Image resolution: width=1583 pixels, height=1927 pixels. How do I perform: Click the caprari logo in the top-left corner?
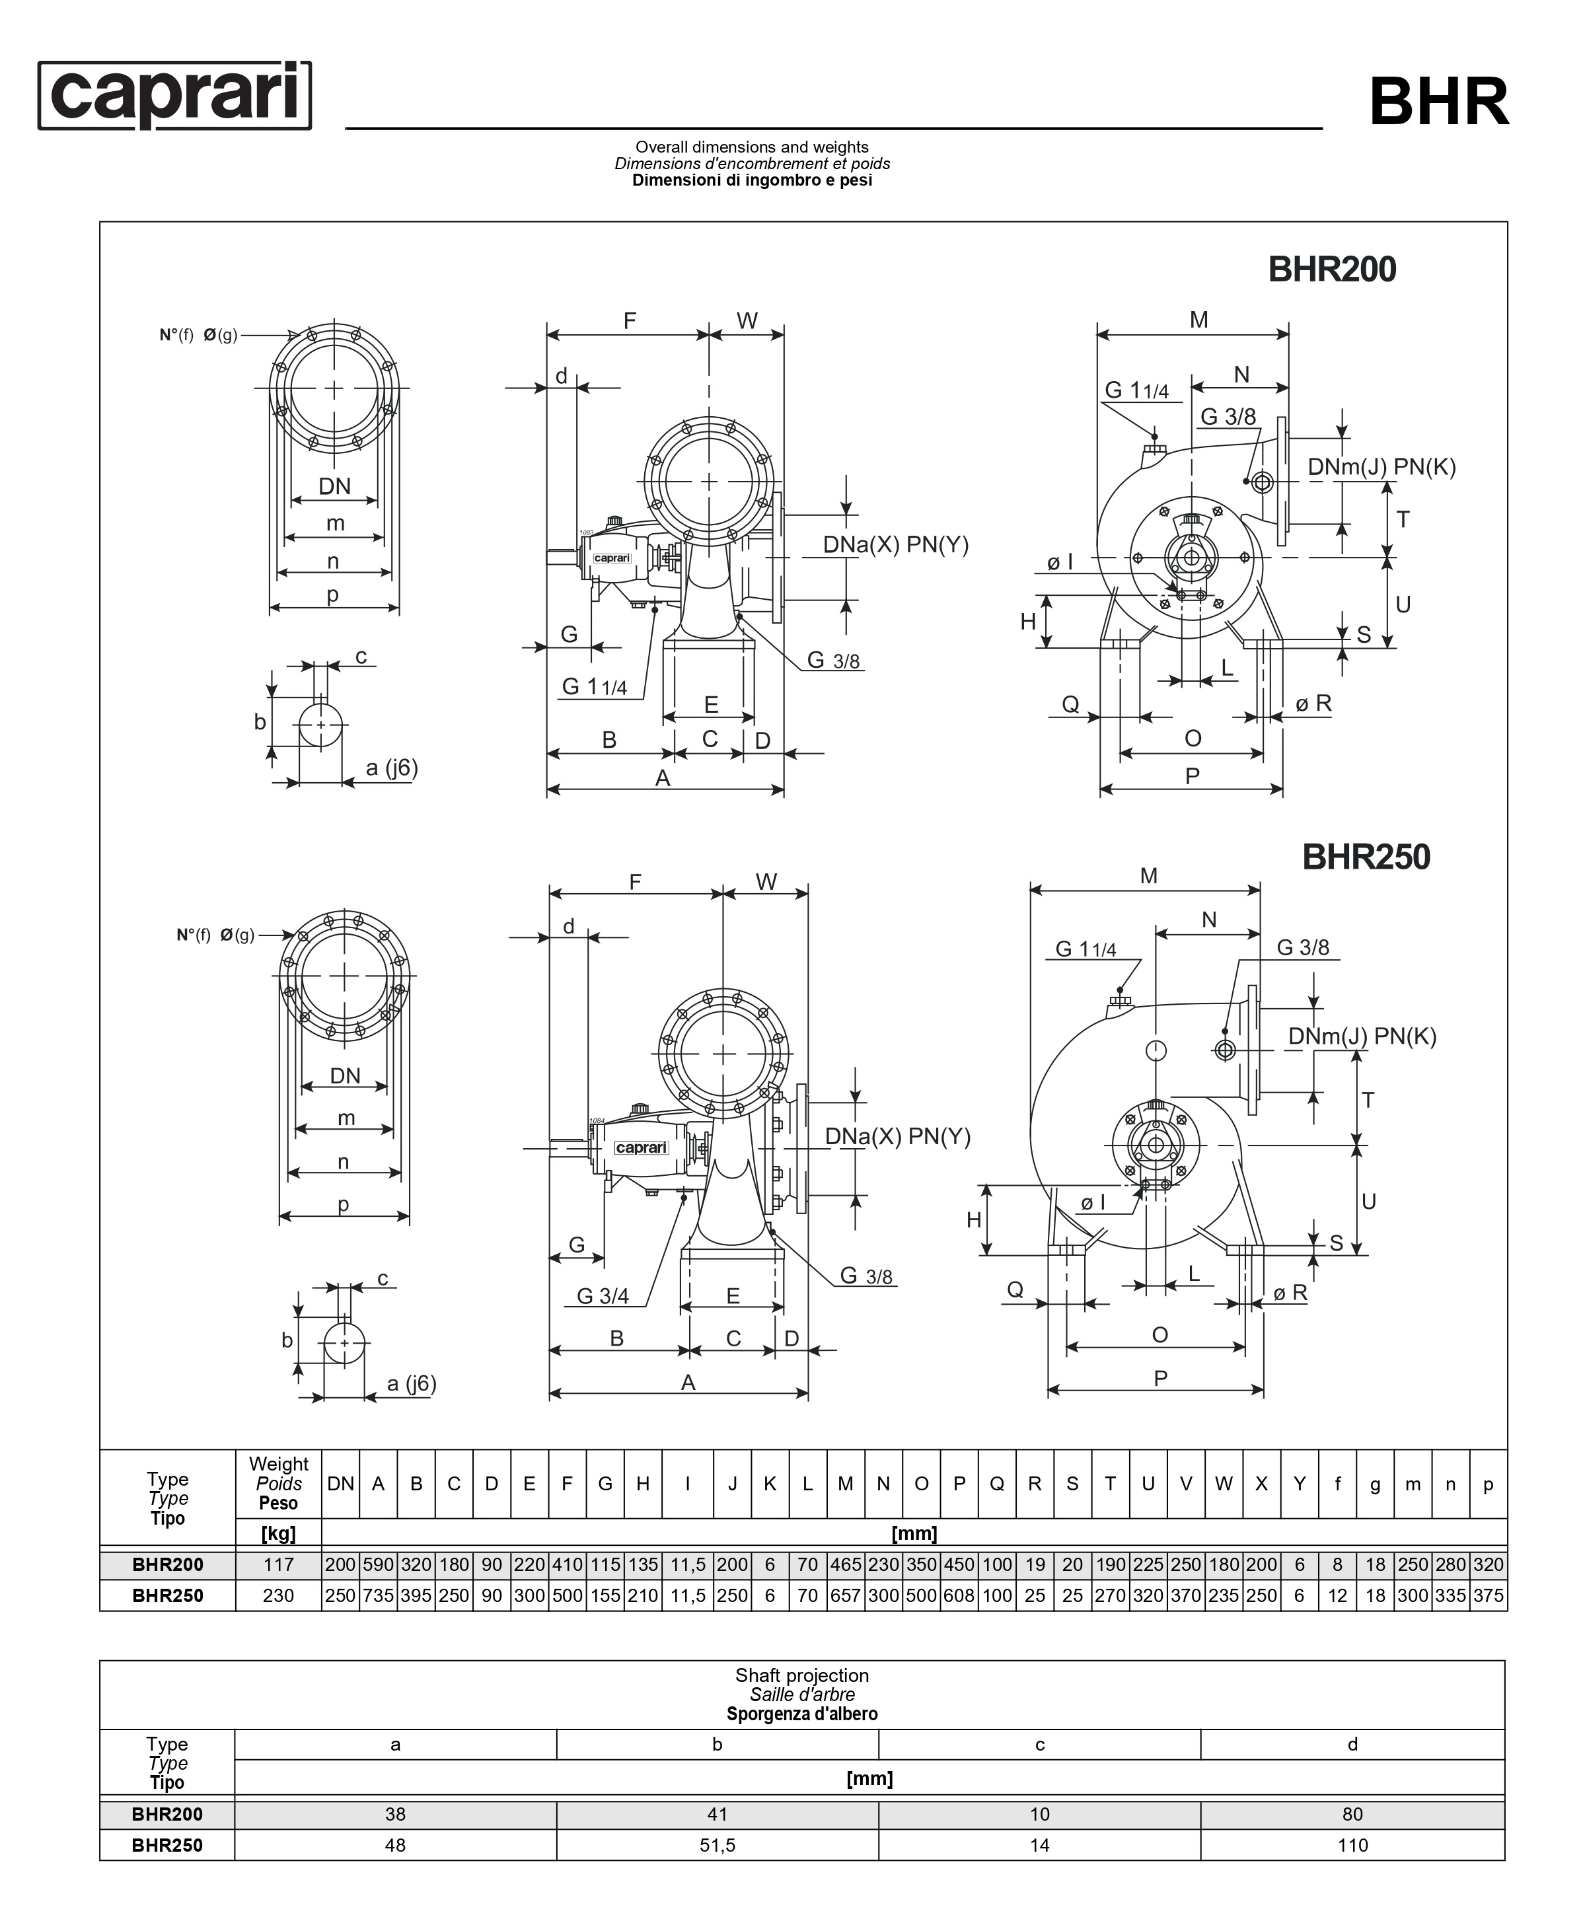pyautogui.click(x=174, y=95)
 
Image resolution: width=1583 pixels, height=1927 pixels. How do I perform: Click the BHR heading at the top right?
pyautogui.click(x=1438, y=102)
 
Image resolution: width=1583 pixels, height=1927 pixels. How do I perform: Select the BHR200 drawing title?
pyautogui.click(x=1331, y=270)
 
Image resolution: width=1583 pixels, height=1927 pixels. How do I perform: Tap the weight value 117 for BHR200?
pyautogui.click(x=278, y=1564)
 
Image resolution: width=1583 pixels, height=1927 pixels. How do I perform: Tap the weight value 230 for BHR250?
pyautogui.click(x=278, y=1595)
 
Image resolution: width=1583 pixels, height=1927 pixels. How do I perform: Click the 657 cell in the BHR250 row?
pyautogui.click(x=845, y=1595)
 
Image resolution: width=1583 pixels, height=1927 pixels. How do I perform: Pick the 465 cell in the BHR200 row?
pyautogui.click(x=845, y=1564)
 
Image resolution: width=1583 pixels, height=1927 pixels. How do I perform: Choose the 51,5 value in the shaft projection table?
pyautogui.click(x=717, y=1845)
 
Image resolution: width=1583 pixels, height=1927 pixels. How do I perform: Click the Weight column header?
pyautogui.click(x=278, y=1464)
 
